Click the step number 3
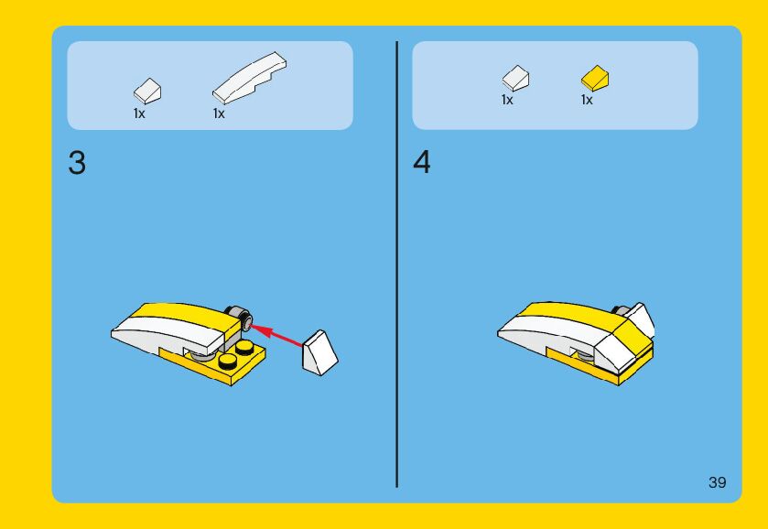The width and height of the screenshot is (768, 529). tap(77, 163)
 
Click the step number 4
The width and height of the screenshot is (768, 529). tap(422, 162)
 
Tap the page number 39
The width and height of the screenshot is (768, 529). tap(717, 482)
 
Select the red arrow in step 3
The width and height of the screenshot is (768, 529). tap(276, 335)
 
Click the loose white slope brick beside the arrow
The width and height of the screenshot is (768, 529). tap(319, 353)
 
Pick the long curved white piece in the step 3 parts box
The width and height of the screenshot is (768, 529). tap(250, 78)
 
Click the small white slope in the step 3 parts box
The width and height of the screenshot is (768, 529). tap(147, 92)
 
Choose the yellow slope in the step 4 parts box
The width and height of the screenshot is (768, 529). tap(595, 79)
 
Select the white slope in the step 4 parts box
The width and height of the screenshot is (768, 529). tap(515, 79)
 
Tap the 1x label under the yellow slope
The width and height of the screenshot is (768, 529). tap(587, 100)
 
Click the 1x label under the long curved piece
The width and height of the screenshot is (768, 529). tap(219, 113)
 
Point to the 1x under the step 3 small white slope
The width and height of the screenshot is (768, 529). tap(139, 113)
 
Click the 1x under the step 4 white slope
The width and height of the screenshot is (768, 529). tap(507, 100)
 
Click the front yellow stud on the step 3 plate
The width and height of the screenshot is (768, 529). tap(227, 361)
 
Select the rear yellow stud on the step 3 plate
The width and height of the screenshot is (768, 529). tap(243, 347)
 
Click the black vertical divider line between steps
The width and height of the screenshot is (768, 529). tap(396, 264)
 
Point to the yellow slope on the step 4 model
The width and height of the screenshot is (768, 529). tap(633, 335)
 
